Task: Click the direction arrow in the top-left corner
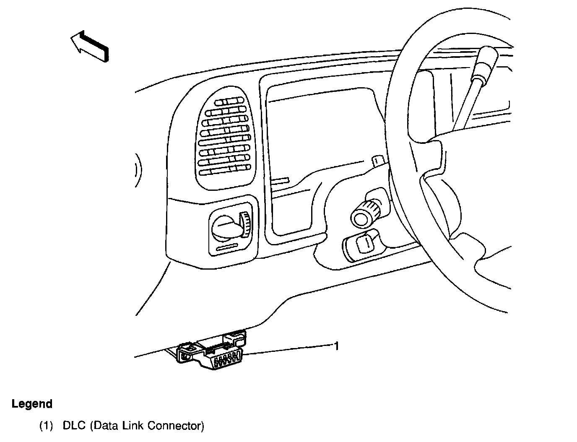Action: pos(90,46)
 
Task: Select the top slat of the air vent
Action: pos(229,101)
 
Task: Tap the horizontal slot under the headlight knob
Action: pos(226,248)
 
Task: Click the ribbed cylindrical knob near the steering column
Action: pos(365,212)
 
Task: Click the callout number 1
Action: pos(336,346)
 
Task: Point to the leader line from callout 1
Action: pos(289,350)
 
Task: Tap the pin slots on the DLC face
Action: pos(226,361)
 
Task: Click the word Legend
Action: pos(32,404)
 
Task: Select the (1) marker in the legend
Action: pos(46,426)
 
